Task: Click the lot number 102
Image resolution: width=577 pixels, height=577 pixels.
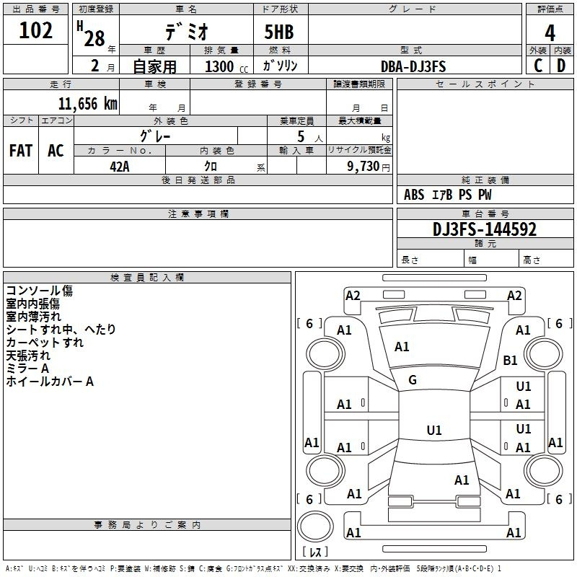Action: click(36, 32)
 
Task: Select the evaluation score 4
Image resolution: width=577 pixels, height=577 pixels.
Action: click(550, 33)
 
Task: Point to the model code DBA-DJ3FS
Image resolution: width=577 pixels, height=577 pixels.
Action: click(413, 66)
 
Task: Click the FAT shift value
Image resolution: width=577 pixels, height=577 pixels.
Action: click(21, 151)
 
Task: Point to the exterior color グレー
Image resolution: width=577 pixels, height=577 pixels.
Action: click(155, 136)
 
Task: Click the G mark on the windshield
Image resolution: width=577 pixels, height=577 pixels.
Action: click(413, 380)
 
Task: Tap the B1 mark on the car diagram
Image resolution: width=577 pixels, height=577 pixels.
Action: click(511, 361)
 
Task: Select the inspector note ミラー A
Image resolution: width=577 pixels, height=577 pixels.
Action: click(27, 369)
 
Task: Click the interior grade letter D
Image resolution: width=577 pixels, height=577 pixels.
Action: click(561, 66)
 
